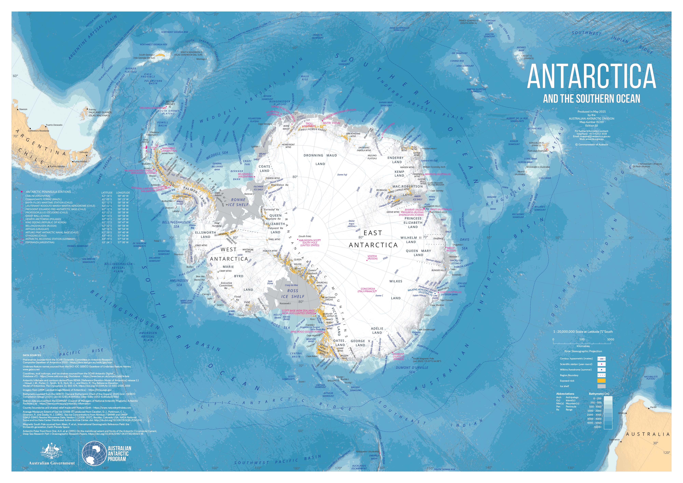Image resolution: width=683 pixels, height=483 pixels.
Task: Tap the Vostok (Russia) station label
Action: pyautogui.click(x=372, y=257)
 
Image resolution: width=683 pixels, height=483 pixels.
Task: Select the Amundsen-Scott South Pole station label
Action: pyautogui.click(x=310, y=243)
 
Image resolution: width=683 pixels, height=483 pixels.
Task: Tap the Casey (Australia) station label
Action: pyautogui.click(x=450, y=292)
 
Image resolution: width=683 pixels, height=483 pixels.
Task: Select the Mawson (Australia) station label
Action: pyautogui.click(x=438, y=174)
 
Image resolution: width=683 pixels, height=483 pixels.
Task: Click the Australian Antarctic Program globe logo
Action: pyautogui.click(x=94, y=453)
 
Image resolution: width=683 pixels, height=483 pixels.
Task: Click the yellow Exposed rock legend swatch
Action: pyautogui.click(x=602, y=381)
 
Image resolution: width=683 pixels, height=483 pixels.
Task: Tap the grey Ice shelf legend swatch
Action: pyautogui.click(x=602, y=386)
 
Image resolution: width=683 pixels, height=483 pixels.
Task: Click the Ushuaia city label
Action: pyautogui.click(x=84, y=152)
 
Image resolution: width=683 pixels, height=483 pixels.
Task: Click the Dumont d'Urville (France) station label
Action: pyautogui.click(x=399, y=356)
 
